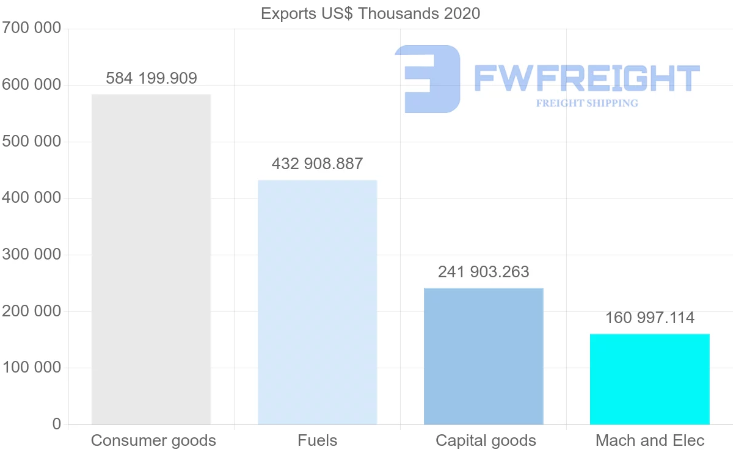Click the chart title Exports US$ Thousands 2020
pyautogui.click(x=370, y=13)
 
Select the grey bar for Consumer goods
pyautogui.click(x=151, y=260)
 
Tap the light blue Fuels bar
pyautogui.click(x=317, y=302)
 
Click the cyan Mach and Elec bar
pyautogui.click(x=649, y=379)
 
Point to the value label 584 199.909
pyautogui.click(x=151, y=78)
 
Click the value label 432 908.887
pyautogui.click(x=317, y=164)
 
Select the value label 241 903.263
pyautogui.click(x=483, y=272)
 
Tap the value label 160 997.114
pyautogui.click(x=649, y=318)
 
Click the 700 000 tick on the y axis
pyautogui.click(x=32, y=28)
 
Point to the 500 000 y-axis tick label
pyautogui.click(x=32, y=141)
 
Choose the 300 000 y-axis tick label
pyautogui.click(x=32, y=254)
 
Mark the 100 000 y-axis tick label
pyautogui.click(x=32, y=368)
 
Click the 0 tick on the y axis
pyautogui.click(x=57, y=424)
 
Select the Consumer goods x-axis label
pyautogui.click(x=153, y=440)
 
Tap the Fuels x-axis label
pyautogui.click(x=317, y=440)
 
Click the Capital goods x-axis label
pyautogui.click(x=486, y=440)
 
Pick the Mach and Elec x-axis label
pyautogui.click(x=650, y=440)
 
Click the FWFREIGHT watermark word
pyautogui.click(x=586, y=78)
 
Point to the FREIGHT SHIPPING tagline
pyautogui.click(x=587, y=103)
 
